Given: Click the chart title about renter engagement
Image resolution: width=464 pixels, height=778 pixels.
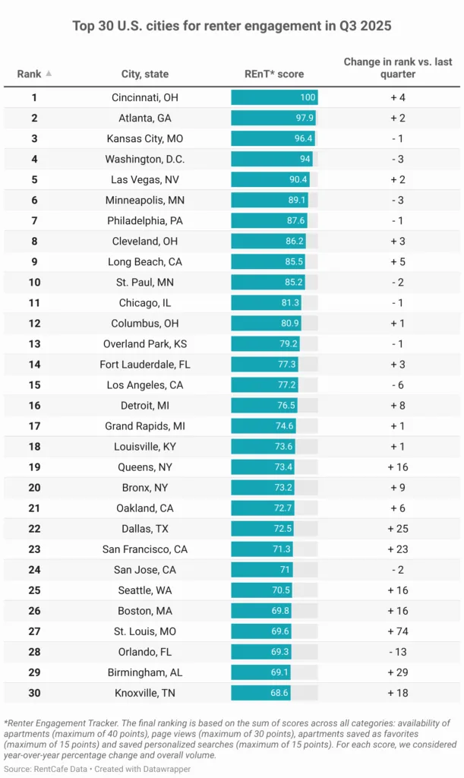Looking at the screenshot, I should [232, 26].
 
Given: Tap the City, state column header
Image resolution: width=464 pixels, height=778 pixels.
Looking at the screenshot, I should [145, 74].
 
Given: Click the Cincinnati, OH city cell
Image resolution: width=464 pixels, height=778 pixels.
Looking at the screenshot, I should [145, 97].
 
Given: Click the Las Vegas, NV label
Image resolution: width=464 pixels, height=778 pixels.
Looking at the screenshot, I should [145, 179].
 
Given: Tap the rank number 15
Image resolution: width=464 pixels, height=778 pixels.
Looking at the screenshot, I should [34, 384].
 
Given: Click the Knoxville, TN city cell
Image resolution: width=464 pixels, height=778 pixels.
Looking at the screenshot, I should [145, 692].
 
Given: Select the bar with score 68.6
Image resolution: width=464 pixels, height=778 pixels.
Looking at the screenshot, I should [262, 692].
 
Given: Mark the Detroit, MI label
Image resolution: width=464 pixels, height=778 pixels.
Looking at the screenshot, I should [145, 405].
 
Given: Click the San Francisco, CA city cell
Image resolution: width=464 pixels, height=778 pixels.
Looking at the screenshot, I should [145, 549].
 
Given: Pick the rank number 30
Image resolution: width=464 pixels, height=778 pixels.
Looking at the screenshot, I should [34, 692].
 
